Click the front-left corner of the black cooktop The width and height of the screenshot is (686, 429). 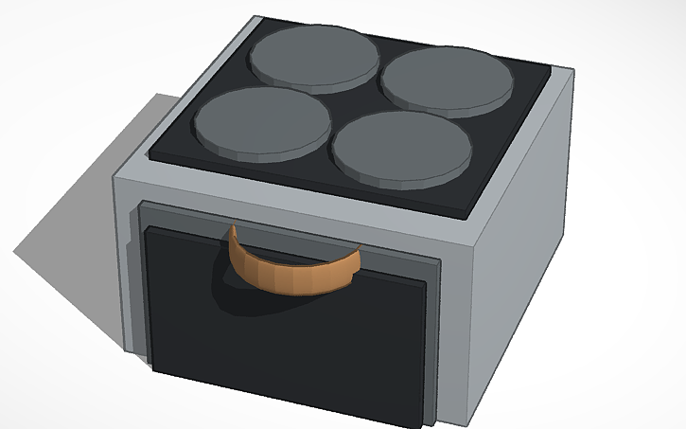click(x=152, y=158)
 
